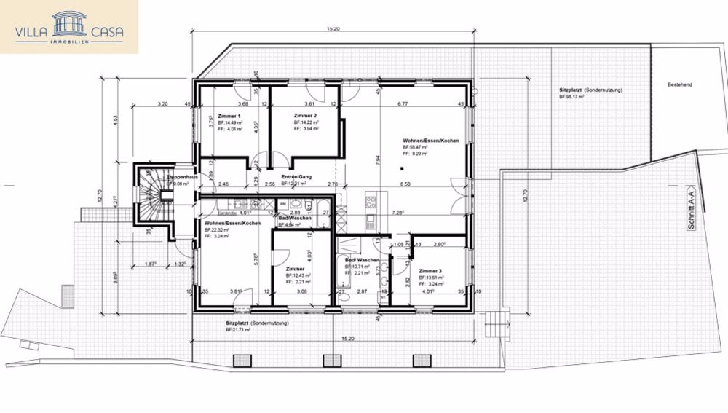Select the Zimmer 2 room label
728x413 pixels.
coord(305,116)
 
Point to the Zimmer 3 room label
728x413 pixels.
coord(431,270)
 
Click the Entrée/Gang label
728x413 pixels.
coord(296,176)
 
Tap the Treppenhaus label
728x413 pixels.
coord(183,177)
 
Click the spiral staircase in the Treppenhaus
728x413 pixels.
coord(151,192)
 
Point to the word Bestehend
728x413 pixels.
coord(679,85)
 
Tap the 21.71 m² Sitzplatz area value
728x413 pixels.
coord(238,329)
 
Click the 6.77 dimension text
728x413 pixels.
coord(402,104)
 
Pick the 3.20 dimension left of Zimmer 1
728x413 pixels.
coord(162,104)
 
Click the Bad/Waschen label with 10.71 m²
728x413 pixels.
coord(362,260)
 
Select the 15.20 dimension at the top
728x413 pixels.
coord(333,28)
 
